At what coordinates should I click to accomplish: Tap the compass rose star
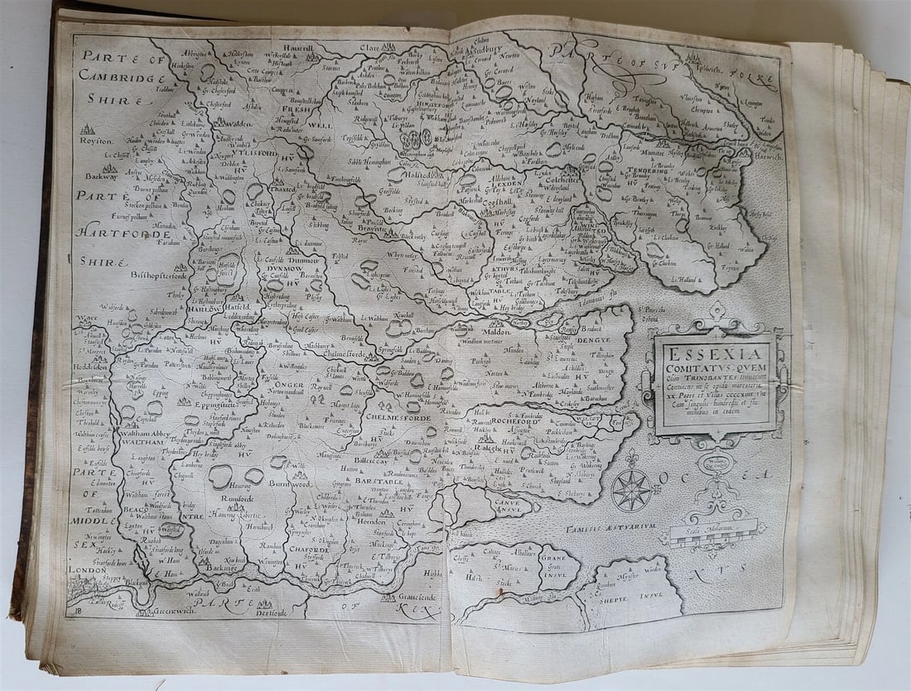coord(632,490)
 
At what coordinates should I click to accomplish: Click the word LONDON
coord(89,570)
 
